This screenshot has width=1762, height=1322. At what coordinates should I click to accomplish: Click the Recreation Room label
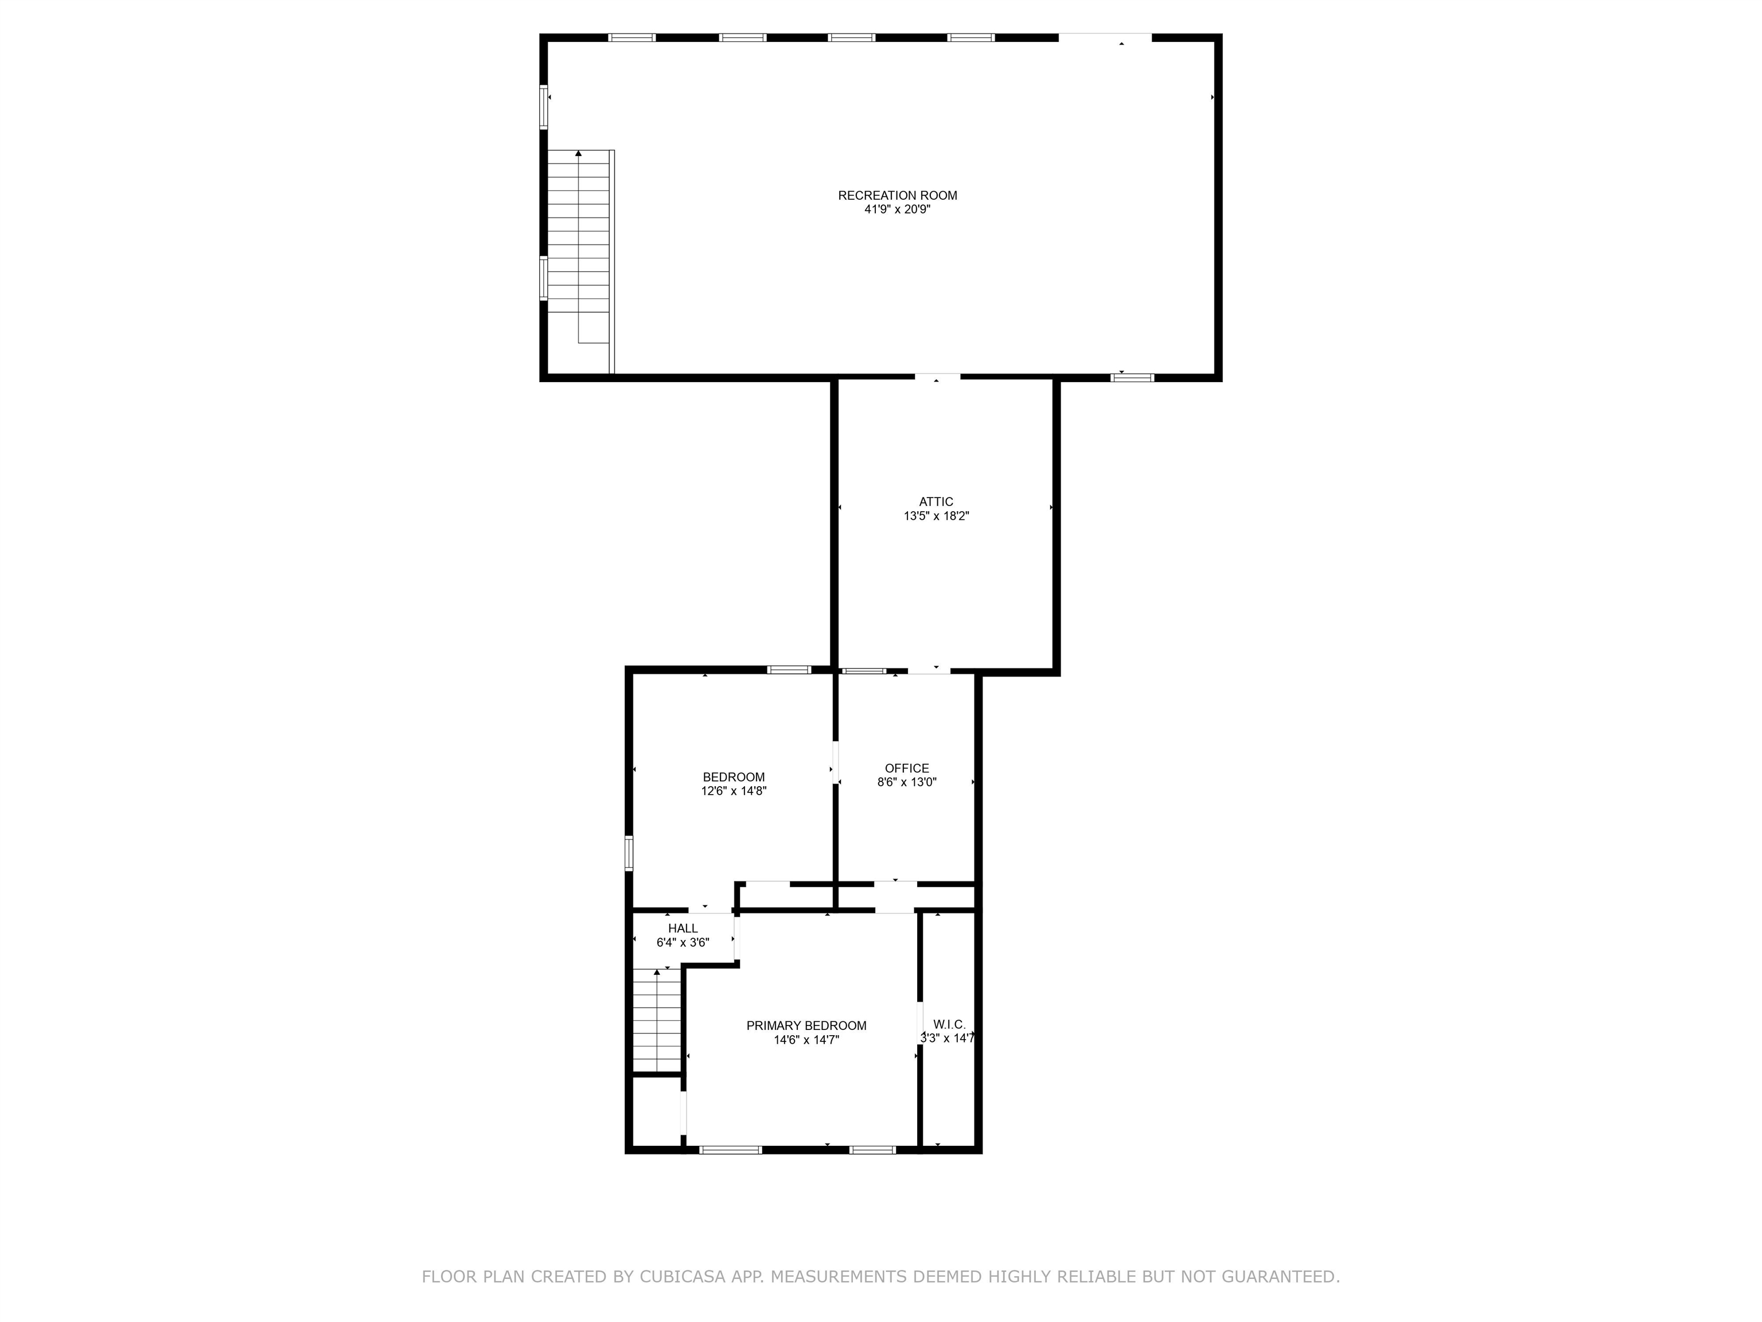tap(897, 195)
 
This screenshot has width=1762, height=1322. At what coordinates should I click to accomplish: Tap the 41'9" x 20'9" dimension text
tap(897, 209)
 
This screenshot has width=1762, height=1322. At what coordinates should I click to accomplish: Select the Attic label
tap(936, 502)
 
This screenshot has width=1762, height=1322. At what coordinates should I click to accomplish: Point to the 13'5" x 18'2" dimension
tap(936, 516)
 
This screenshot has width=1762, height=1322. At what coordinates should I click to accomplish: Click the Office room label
tap(906, 768)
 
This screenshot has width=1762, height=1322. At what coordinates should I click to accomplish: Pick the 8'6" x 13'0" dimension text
tap(906, 783)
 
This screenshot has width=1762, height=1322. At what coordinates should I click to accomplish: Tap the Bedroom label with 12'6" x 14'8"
tap(734, 777)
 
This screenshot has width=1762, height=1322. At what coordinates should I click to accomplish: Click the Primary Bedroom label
tap(806, 1025)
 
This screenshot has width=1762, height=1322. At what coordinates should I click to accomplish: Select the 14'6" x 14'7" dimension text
tap(806, 1040)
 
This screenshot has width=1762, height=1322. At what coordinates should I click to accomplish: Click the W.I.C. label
tap(949, 1024)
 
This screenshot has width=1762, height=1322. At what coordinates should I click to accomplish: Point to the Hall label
tap(683, 928)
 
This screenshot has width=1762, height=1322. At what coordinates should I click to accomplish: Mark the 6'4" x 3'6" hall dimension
tap(683, 943)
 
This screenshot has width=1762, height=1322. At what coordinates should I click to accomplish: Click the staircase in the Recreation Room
tap(580, 262)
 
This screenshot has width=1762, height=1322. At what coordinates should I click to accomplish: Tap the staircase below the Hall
tap(658, 1021)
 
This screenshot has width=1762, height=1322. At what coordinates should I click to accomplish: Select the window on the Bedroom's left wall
tap(629, 853)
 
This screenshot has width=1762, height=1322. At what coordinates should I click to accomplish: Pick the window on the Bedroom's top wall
tap(789, 670)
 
